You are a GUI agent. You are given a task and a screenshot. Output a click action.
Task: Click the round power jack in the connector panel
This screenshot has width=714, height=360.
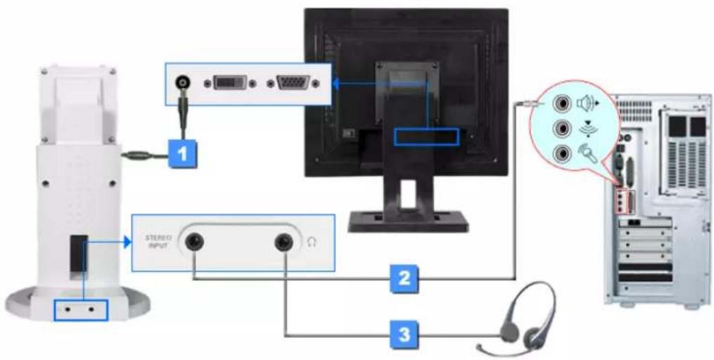point(184,83)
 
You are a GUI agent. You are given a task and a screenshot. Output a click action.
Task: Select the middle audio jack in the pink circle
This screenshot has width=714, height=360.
point(561,129)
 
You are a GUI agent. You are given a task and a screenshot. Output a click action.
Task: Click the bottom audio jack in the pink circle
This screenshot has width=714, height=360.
point(561,153)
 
